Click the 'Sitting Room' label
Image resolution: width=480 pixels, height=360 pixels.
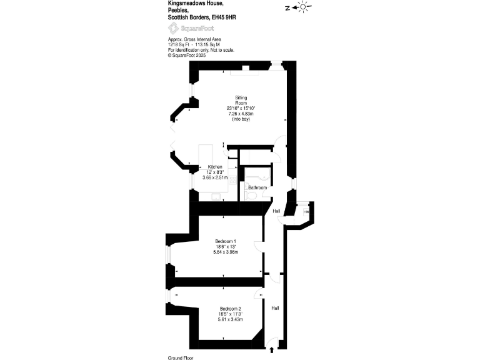[241, 100]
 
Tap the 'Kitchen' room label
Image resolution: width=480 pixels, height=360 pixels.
[215, 167]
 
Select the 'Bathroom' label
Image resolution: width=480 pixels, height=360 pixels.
[257, 187]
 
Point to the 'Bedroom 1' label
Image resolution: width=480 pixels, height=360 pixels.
[226, 241]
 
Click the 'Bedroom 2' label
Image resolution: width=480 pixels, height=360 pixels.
[230, 309]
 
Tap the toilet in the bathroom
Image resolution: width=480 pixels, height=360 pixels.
[251, 196]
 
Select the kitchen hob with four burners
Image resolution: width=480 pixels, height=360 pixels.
[231, 179]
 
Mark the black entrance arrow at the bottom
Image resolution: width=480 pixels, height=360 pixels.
[272, 351]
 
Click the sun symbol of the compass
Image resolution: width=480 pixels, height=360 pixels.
[304, 7]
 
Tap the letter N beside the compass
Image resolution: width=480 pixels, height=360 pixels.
[287, 8]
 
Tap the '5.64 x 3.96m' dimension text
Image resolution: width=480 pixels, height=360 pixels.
[226, 252]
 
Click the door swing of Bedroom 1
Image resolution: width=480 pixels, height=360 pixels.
[259, 246]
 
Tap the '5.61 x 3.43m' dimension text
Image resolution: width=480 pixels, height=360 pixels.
[230, 319]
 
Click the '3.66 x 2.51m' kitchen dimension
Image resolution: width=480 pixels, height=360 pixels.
[215, 178]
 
